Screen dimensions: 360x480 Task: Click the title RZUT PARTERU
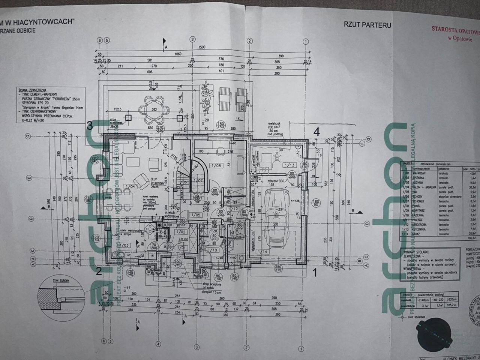point(367,25)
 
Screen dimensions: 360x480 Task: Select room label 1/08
point(216,165)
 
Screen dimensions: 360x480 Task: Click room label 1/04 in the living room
point(130,186)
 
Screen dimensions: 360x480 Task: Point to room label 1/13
point(289,165)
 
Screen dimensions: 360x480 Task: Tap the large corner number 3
point(90,126)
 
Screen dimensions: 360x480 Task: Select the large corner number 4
point(316,132)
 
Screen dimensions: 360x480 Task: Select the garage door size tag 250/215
point(278,268)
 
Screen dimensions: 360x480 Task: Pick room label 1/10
point(213,250)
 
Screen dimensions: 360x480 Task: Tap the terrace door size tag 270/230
point(160,129)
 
